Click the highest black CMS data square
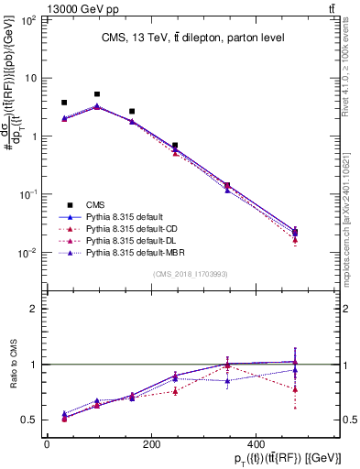97,94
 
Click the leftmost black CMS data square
64,103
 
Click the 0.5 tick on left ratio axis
29,420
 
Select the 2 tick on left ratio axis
35,309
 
